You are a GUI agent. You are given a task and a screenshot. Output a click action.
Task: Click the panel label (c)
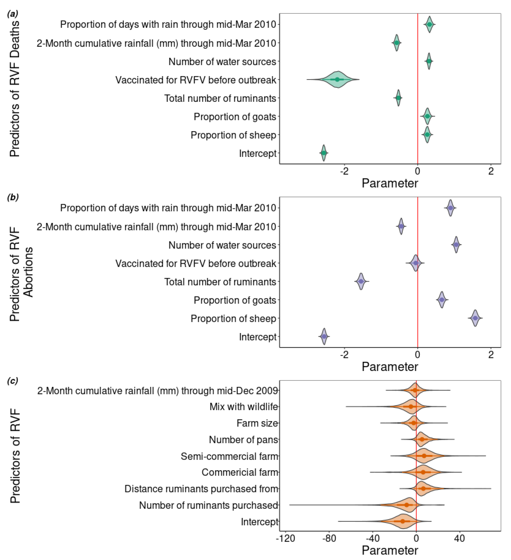click(13, 381)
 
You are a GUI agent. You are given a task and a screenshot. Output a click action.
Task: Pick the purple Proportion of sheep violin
click(475, 318)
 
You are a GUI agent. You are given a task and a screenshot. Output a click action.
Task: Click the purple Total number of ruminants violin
click(361, 281)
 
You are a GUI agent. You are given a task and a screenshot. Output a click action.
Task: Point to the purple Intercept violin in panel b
click(324, 336)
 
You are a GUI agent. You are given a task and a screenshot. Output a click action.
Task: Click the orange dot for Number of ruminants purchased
click(407, 505)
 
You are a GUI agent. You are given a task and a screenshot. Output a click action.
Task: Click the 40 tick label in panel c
click(459, 539)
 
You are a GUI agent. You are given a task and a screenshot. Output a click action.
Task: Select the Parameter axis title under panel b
click(390, 367)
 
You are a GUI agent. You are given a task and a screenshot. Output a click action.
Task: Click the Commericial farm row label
click(240, 472)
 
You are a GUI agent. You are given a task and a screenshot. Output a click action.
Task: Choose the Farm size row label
click(257, 423)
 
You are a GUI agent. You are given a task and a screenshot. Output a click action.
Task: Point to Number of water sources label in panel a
click(222, 61)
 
